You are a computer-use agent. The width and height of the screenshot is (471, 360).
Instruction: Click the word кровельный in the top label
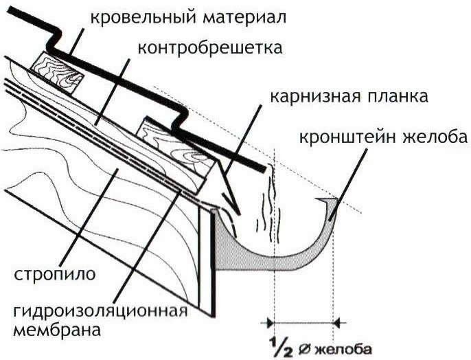tap(131, 14)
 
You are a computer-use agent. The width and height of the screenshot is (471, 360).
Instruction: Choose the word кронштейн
tap(347, 137)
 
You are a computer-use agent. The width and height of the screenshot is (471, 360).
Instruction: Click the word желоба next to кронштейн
tap(433, 137)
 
